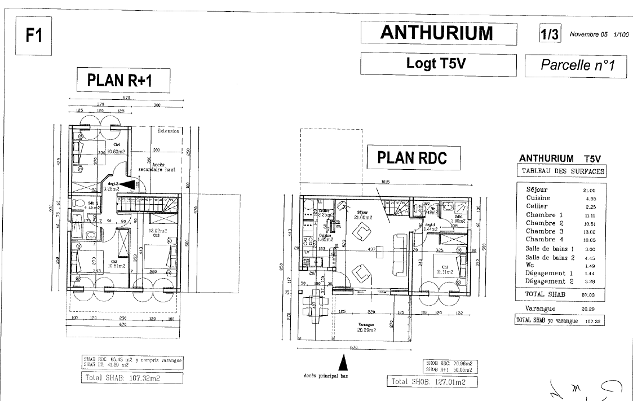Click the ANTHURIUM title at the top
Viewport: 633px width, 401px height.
pyautogui.click(x=437, y=33)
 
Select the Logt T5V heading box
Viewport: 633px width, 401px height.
pyautogui.click(x=437, y=63)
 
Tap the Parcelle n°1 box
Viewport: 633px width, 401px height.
pyautogui.click(x=577, y=65)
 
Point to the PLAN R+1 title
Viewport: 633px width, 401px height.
pyautogui.click(x=122, y=81)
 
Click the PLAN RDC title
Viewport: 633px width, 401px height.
pyautogui.click(x=412, y=157)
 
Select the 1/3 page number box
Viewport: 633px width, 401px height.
pyautogui.click(x=550, y=34)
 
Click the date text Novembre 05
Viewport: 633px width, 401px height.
pyautogui.click(x=588, y=34)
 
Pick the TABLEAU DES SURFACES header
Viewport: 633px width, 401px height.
pyautogui.click(x=561, y=171)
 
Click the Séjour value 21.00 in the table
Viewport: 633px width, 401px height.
pyautogui.click(x=590, y=191)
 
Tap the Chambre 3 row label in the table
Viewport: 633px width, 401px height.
pyautogui.click(x=545, y=231)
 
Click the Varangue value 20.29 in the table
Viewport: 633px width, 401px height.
pyautogui.click(x=590, y=309)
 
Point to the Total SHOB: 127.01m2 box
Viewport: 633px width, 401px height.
pyautogui.click(x=432, y=382)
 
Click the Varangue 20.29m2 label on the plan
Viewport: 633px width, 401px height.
pyautogui.click(x=367, y=328)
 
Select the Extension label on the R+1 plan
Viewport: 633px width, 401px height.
pyautogui.click(x=168, y=131)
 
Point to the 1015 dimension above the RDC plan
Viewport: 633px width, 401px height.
pyautogui.click(x=386, y=182)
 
